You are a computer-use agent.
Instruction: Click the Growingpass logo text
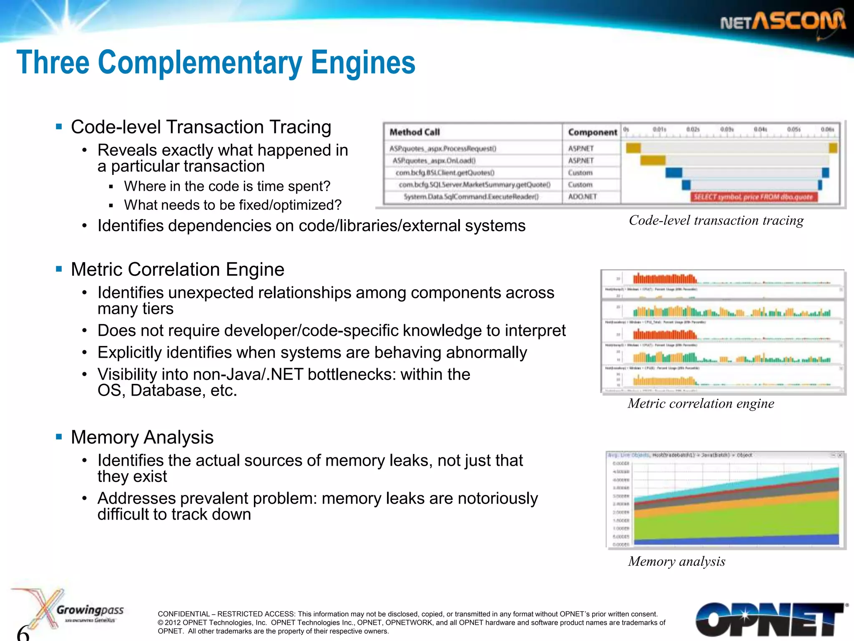pos(90,610)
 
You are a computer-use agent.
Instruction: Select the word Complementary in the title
pos(200,63)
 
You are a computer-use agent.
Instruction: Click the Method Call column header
pos(414,132)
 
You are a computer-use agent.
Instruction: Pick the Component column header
pos(592,132)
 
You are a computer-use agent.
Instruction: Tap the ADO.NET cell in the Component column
pos(582,197)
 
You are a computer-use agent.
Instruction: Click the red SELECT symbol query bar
pos(753,197)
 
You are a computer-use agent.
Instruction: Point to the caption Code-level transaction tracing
pos(716,220)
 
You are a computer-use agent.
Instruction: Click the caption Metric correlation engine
pos(701,404)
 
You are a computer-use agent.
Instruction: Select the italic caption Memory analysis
pos(676,561)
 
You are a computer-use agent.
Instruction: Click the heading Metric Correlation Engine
pos(178,270)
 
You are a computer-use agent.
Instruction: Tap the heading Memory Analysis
pos(142,437)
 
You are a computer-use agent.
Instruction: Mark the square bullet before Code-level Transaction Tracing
pos(59,126)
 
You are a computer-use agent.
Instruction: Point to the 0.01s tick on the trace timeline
pos(659,129)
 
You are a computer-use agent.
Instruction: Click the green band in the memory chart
pos(734,522)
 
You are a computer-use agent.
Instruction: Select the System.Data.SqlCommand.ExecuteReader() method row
pos(471,197)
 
